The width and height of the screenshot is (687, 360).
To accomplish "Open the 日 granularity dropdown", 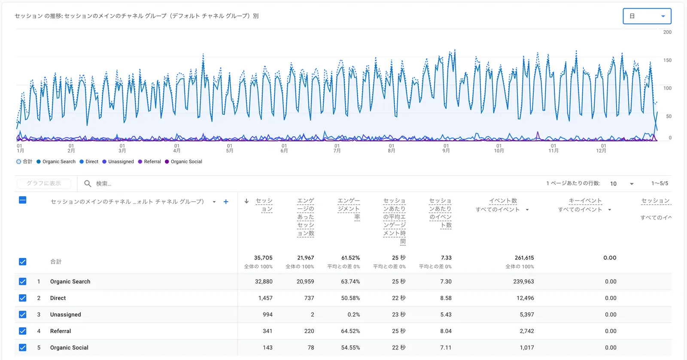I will click(x=647, y=16).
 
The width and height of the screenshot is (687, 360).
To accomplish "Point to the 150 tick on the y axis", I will click(x=667, y=60).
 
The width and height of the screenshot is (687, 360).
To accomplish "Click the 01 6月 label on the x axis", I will click(x=284, y=148).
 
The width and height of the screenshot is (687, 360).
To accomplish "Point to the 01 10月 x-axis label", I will click(x=499, y=148).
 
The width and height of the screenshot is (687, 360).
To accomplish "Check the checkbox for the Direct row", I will click(x=23, y=298).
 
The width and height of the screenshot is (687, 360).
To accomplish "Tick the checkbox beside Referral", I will click(x=23, y=331).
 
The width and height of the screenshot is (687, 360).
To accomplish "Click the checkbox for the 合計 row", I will click(x=23, y=262).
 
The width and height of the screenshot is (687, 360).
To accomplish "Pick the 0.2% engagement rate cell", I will click(x=354, y=315).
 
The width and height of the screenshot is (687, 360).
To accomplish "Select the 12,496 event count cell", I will click(x=525, y=298).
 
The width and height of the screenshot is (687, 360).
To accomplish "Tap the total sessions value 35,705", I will click(x=263, y=258).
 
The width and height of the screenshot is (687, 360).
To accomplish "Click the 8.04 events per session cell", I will click(x=446, y=331).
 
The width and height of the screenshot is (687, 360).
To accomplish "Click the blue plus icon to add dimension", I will click(x=226, y=201).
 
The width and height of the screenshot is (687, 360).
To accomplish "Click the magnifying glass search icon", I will click(x=88, y=183).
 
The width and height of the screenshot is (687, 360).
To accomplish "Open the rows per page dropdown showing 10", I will click(x=621, y=183).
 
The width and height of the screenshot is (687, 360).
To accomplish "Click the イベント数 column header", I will click(x=503, y=201).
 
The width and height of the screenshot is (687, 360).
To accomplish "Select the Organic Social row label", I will click(x=69, y=348).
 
